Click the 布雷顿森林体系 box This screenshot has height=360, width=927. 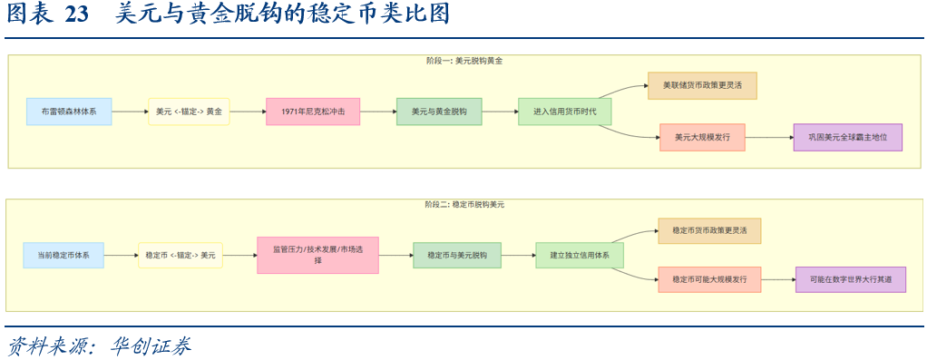tap(69, 112)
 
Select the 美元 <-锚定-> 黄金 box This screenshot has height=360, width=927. tap(189, 112)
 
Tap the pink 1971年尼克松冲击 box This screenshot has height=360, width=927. tap(313, 112)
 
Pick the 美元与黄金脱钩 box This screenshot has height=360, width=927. tap(439, 112)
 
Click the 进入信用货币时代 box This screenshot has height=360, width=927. tap(565, 112)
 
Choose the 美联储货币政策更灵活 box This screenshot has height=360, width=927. tap(702, 86)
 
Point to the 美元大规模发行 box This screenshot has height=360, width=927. tap(702, 138)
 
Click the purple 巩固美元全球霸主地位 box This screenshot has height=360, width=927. tap(847, 138)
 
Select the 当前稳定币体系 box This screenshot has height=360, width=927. tap(63, 256)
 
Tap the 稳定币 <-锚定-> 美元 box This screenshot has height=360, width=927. tap(181, 256)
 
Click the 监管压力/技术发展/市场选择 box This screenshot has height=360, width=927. tap(317, 255)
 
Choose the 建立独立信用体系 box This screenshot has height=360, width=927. tap(580, 256)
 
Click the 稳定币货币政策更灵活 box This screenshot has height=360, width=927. tap(709, 231)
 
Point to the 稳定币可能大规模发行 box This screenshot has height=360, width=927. tap(709, 279)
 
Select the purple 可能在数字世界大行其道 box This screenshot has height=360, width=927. tap(851, 279)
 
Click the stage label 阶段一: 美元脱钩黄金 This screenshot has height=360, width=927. tap(463, 61)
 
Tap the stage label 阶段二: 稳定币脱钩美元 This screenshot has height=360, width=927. tap(463, 205)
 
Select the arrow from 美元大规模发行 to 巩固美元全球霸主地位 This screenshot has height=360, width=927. tap(768, 138)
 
